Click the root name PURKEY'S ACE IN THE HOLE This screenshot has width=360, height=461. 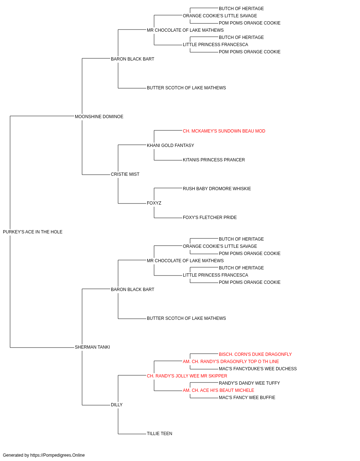point(32,232)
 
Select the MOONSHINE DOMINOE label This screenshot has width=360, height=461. point(99,117)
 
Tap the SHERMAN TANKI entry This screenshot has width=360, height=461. point(92,347)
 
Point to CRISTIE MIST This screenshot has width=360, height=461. point(125,174)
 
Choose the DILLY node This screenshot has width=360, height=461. point(117,405)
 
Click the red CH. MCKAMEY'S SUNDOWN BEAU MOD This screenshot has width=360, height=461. point(224,131)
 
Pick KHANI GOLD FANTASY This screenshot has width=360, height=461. point(170,146)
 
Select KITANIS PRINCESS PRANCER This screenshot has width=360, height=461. point(214,160)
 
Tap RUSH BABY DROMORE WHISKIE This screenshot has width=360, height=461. point(217,189)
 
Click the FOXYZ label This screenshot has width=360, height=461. point(154,203)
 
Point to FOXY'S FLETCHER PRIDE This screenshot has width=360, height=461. point(210,218)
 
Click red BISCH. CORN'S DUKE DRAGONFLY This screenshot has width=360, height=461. point(255,354)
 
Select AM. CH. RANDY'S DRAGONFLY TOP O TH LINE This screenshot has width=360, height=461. point(231,362)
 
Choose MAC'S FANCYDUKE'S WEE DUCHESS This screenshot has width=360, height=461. point(258,369)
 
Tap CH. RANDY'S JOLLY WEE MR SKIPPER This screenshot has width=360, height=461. point(187,376)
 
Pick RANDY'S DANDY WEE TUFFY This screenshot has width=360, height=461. point(249,383)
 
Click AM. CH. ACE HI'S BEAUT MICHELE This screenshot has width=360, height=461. point(219,390)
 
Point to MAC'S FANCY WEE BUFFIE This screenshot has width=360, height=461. point(247,398)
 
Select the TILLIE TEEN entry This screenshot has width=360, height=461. point(159,434)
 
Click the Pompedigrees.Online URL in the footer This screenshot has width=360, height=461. point(58,455)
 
